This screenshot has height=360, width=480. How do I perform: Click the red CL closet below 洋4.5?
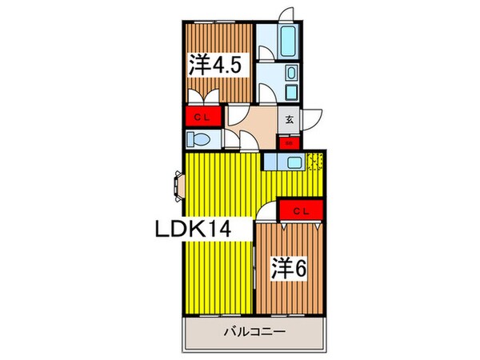203,116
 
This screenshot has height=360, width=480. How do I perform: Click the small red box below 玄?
288,143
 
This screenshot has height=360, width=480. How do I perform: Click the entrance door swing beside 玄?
310,116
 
